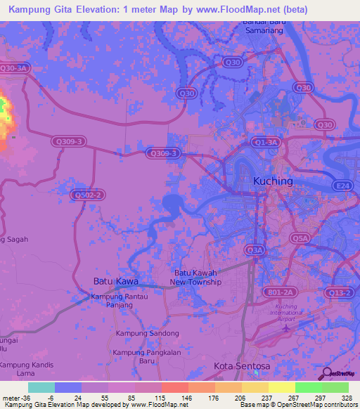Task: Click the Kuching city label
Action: click(272, 181)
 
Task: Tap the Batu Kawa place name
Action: click(116, 281)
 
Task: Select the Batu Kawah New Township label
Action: click(195, 278)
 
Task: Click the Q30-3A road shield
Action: click(15, 68)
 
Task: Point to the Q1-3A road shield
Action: click(267, 142)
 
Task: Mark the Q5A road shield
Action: click(301, 239)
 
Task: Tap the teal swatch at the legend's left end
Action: click(41, 387)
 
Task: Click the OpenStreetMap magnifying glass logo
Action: click(326, 374)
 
